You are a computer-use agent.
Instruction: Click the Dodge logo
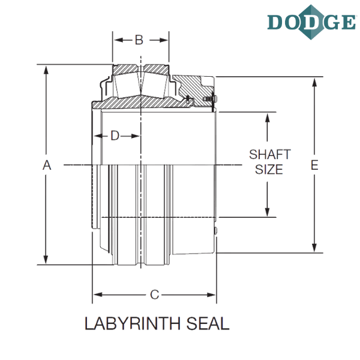coord(311,22)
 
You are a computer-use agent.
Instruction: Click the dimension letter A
coord(47,166)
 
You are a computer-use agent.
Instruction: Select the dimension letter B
coord(139,40)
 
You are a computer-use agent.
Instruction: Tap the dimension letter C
coord(155,295)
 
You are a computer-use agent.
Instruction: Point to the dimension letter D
coord(115,136)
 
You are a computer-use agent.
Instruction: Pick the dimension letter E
coord(314,166)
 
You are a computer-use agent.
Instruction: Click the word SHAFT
coord(270,154)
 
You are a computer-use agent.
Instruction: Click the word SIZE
coord(269,169)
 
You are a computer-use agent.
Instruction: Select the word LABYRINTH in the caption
coord(133,323)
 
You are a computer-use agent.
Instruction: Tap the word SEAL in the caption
coord(208,323)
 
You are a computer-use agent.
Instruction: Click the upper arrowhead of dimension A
coord(46,70)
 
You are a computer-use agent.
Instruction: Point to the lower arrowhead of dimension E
coord(314,247)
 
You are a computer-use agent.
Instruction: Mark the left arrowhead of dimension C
coord(98,295)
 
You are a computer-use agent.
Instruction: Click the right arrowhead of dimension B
coord(164,40)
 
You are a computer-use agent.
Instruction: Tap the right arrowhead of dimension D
coord(135,136)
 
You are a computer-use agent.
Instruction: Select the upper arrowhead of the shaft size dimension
coord(267,118)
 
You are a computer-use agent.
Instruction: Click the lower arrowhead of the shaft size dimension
coord(267,212)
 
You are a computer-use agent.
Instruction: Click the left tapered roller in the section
coord(127,85)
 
